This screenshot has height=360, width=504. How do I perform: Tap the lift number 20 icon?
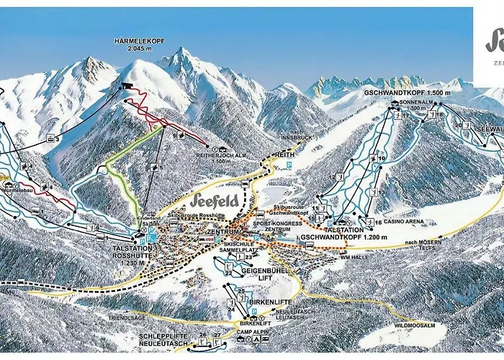(x=459, y=125)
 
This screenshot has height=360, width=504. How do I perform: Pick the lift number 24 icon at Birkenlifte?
(x=232, y=309)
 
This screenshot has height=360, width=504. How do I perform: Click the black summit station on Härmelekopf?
(x=127, y=86)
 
